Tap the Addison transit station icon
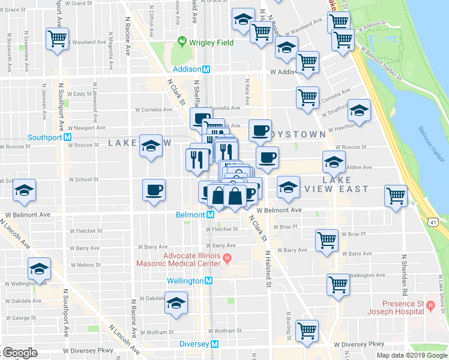(x=206, y=69)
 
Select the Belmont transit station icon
(x=211, y=215)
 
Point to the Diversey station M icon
(x=215, y=344)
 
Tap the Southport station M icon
(x=68, y=136)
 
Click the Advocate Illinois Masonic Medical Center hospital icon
(x=227, y=259)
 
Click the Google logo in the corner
(x=20, y=353)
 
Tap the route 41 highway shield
(x=433, y=223)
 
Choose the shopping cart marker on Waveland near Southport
(x=58, y=39)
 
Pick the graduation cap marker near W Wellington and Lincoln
(x=39, y=268)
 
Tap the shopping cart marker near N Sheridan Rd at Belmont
(x=396, y=196)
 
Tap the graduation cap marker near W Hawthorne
(x=360, y=111)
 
